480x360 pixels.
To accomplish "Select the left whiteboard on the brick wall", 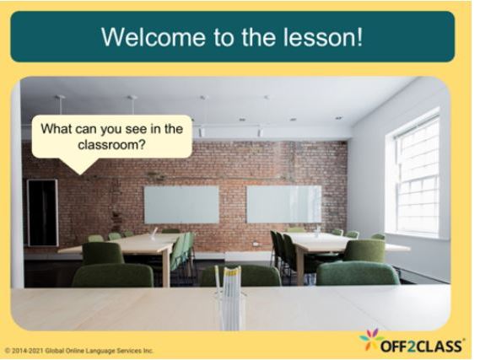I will [x=181, y=204].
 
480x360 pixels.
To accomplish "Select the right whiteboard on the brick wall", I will [x=283, y=204].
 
